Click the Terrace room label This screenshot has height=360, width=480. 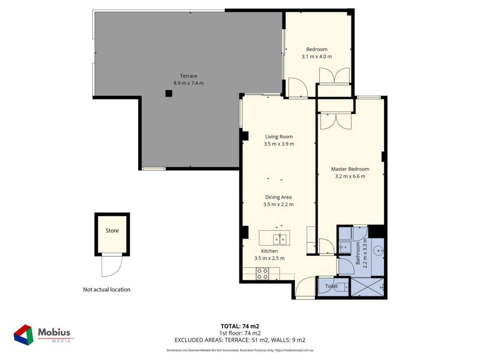(x=188, y=76)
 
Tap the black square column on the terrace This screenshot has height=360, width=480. (x=169, y=93)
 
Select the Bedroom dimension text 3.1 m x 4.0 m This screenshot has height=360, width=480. (x=317, y=56)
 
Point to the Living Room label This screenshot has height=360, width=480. (x=279, y=137)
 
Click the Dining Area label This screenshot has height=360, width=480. (x=278, y=197)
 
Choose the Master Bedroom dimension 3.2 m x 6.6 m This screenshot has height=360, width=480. (x=350, y=176)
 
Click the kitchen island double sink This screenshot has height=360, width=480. (x=280, y=239)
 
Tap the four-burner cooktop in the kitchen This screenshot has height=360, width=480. (x=262, y=274)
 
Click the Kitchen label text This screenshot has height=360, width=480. (x=270, y=251)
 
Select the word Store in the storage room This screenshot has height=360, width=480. (x=112, y=231)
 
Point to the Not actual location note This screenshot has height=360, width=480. (x=106, y=289)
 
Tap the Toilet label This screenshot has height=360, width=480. (x=331, y=286)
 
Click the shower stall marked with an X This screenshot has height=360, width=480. (x=367, y=287)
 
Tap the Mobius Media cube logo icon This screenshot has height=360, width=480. (x=23, y=335)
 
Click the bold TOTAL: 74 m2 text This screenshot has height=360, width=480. (x=240, y=326)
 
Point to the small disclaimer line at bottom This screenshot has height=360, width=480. (x=240, y=350)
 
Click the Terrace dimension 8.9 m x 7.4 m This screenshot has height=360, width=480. (x=188, y=83)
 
